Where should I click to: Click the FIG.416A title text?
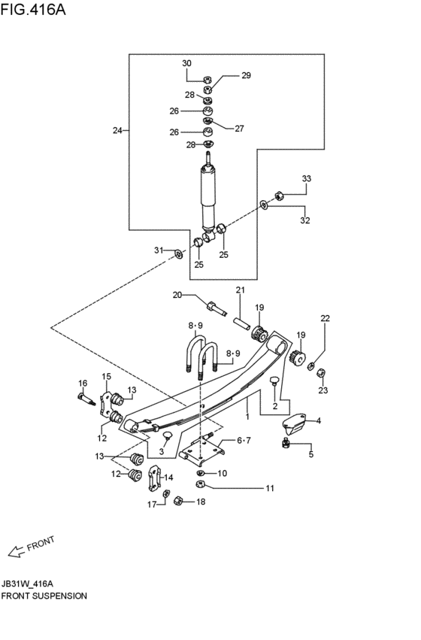click(33, 9)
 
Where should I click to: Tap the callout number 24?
click(117, 131)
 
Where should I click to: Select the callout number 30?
click(186, 63)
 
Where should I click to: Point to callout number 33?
click(307, 178)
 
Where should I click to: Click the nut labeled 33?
click(280, 196)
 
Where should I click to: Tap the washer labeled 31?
click(179, 254)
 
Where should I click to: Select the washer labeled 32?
click(264, 204)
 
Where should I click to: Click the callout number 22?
click(325, 318)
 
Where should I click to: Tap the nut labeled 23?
click(321, 373)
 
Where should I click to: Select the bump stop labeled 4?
click(294, 423)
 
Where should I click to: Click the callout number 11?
click(270, 488)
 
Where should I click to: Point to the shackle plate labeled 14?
click(154, 478)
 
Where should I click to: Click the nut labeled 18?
click(178, 500)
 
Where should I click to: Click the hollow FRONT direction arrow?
click(17, 551)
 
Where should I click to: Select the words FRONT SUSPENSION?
click(44, 596)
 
